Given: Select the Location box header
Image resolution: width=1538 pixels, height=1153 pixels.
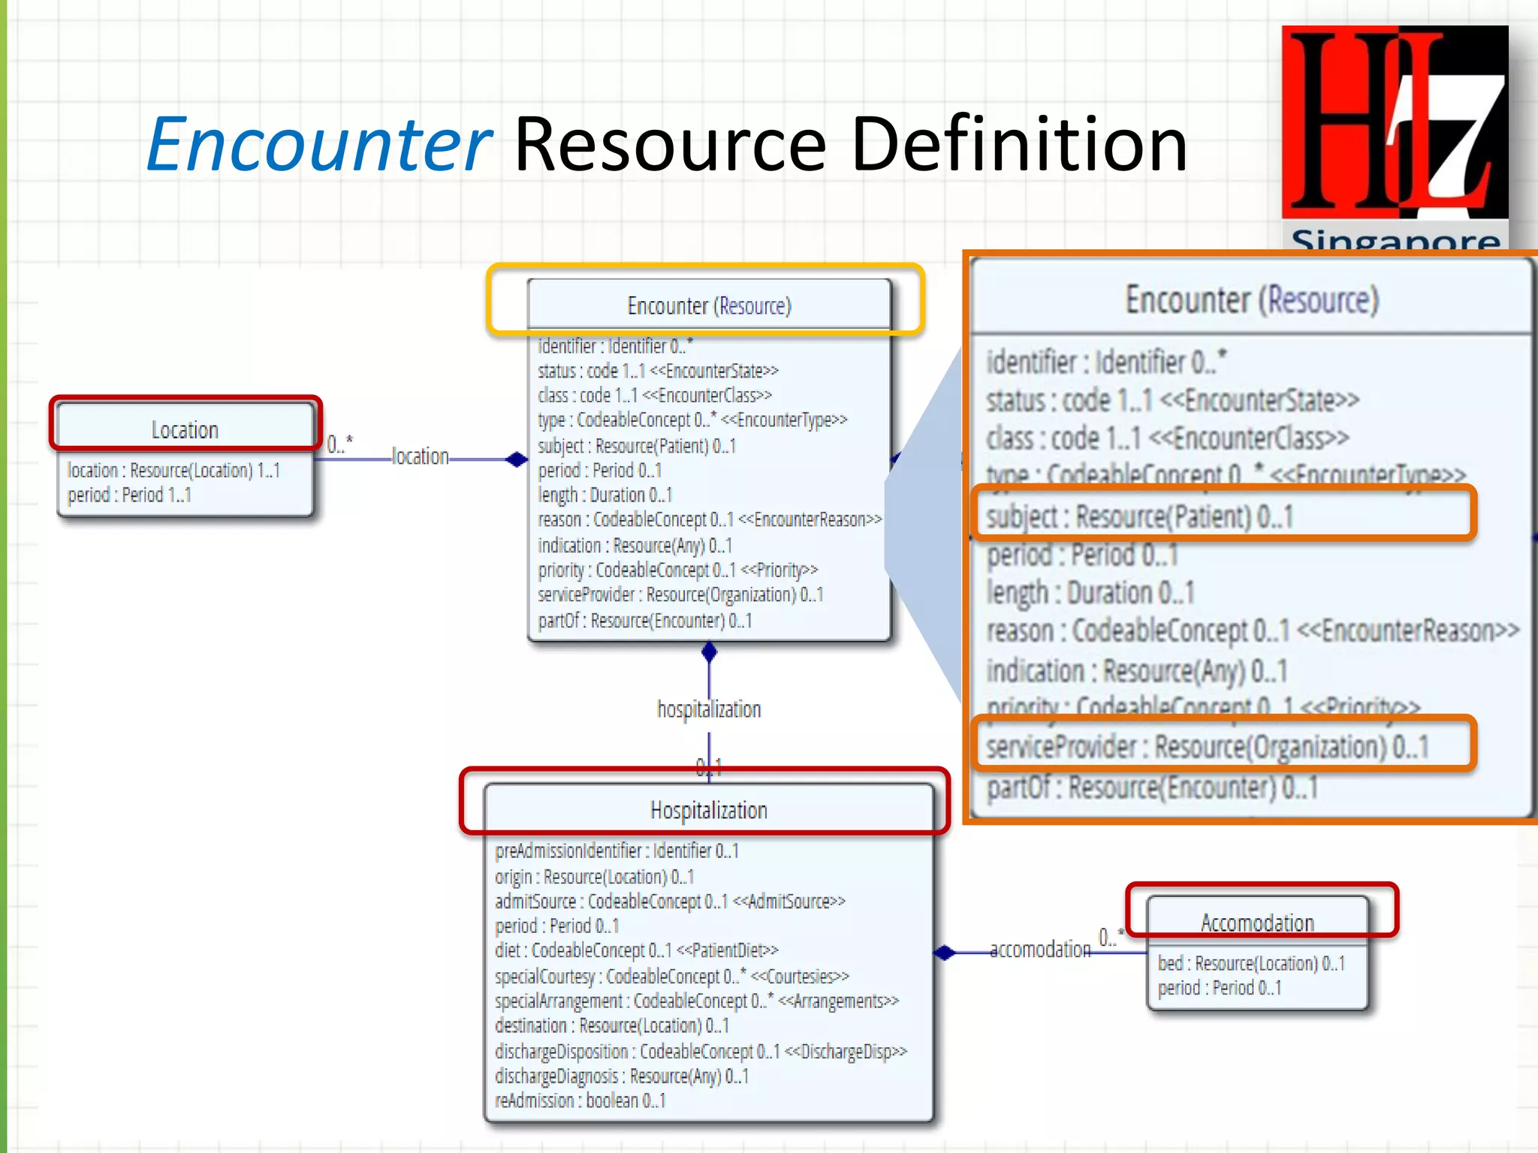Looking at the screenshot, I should pos(185,429).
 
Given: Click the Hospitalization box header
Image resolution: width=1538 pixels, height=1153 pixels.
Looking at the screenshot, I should pos(708,810).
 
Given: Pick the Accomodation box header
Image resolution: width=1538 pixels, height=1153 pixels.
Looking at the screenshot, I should pos(1257,922).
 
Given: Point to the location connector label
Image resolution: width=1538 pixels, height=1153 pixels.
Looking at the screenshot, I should pos(420,456).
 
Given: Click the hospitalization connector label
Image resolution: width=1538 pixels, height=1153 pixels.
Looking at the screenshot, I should pos(709,709).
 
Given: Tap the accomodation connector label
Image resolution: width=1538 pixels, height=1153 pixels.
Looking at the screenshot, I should pos(1040,950).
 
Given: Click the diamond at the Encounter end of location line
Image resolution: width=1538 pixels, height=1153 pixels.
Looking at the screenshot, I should pos(516,459).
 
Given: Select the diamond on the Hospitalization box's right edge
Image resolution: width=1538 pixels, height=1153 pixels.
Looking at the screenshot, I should pos(945,953).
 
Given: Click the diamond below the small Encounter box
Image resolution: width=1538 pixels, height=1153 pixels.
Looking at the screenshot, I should pos(709,652).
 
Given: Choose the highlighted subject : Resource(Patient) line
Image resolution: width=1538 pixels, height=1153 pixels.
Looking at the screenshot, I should pos(1139,516).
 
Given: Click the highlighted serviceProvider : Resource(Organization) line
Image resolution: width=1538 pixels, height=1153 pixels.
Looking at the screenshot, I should pos(1207,747).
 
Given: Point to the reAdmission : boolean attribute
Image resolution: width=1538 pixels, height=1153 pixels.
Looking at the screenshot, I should pos(580,1100).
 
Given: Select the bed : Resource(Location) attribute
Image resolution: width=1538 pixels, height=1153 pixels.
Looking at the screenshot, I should pos(1251,963).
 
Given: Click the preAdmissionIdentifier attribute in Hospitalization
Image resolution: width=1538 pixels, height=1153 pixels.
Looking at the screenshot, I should pos(617,850).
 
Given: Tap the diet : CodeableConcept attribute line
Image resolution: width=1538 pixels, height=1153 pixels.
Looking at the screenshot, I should pos(636,950).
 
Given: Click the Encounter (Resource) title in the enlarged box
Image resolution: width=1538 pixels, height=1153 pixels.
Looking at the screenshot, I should pos(1252,300).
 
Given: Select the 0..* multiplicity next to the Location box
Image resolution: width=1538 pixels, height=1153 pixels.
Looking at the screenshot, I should pos(339,444).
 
